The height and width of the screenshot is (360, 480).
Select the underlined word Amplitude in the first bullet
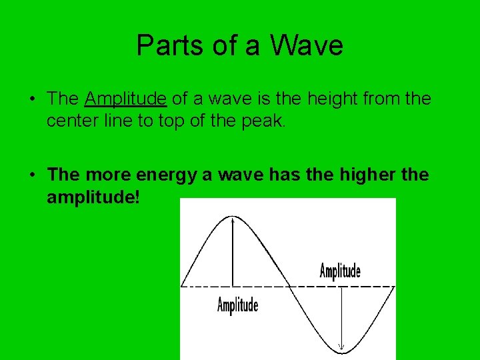pyautogui.click(x=125, y=99)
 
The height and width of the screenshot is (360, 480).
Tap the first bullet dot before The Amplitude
pyautogui.click(x=31, y=100)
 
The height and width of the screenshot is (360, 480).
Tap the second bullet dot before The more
pyautogui.click(x=31, y=176)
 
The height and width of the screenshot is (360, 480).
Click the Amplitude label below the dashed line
pyautogui.click(x=237, y=305)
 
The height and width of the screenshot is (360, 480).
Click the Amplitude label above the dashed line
pyautogui.click(x=340, y=271)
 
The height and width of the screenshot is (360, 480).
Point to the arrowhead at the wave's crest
pyautogui.click(x=232, y=221)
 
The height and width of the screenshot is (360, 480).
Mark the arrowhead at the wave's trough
pyautogui.click(x=341, y=346)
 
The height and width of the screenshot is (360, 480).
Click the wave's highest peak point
pyautogui.click(x=232, y=216)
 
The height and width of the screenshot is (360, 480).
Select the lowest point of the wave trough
pyautogui.click(x=341, y=351)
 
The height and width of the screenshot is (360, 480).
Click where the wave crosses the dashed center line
pyautogui.click(x=287, y=286)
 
